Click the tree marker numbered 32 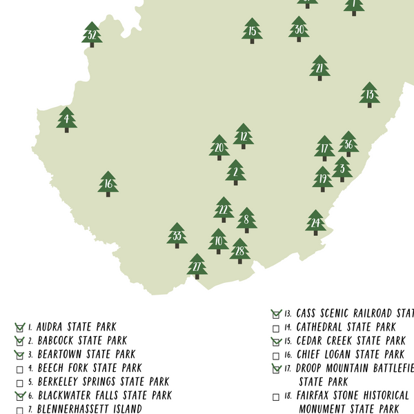(92, 34)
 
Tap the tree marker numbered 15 (253, 31)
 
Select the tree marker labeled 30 (299, 29)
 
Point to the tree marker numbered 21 (319, 68)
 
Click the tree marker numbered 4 (66, 119)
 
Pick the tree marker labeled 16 (108, 184)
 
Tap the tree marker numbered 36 (348, 144)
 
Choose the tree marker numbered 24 (315, 223)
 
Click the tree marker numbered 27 (197, 266)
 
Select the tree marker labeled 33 (177, 236)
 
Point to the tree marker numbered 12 (244, 137)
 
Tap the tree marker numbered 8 (246, 220)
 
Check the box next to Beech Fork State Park (20, 368)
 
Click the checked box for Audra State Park (20, 327)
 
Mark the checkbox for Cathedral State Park (276, 328)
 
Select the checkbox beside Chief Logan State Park (276, 355)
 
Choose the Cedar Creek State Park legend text (351, 341)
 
